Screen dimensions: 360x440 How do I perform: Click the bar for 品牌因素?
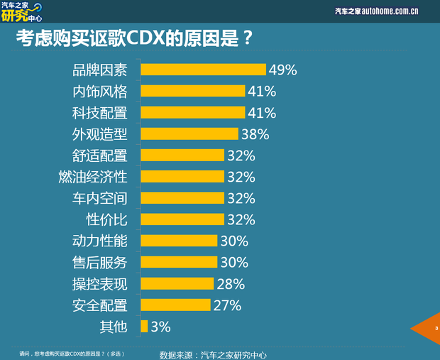click(x=203, y=70)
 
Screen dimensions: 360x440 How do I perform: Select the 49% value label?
click(x=282, y=70)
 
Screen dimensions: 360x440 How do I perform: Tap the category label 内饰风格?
click(x=100, y=91)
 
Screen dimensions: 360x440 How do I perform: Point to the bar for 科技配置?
click(x=192, y=112)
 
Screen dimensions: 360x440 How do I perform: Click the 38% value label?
click(x=255, y=133)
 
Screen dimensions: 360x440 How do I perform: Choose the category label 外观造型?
click(x=100, y=133)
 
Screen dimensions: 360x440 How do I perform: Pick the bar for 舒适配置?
click(x=182, y=155)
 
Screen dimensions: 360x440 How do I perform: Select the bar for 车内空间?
click(x=182, y=198)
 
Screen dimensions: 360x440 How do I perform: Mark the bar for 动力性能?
click(x=179, y=241)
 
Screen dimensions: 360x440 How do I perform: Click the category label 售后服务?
click(x=100, y=262)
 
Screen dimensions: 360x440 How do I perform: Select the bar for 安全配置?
click(x=175, y=305)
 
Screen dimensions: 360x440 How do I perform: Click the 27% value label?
click(x=227, y=305)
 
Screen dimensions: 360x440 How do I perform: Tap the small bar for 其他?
click(x=144, y=327)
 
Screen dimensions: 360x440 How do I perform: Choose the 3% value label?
click(x=160, y=327)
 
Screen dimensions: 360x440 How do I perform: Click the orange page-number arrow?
click(x=429, y=328)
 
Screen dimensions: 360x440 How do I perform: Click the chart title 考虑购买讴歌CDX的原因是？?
click(x=134, y=38)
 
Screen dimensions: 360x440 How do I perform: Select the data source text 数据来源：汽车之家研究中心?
click(x=213, y=354)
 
